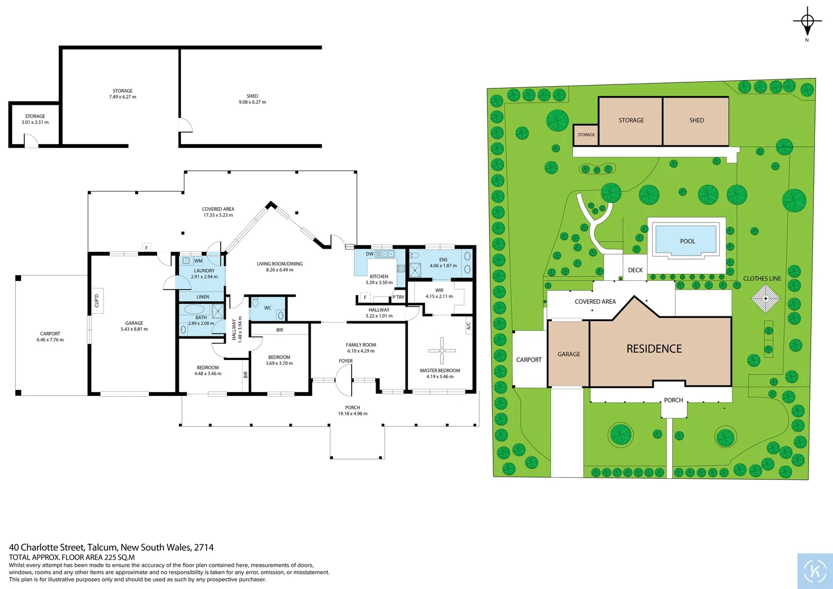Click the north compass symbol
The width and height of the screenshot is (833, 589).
[x=807, y=22]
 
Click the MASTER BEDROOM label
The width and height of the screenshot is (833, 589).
[x=440, y=370]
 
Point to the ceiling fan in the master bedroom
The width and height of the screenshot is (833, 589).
[x=442, y=351]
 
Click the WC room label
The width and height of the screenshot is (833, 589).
[x=268, y=308]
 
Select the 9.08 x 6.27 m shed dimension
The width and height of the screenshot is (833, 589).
[x=252, y=102]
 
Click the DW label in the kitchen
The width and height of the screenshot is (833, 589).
[x=370, y=254]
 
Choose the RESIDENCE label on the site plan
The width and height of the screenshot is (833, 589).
[x=654, y=349]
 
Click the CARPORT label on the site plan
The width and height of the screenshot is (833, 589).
[x=529, y=360]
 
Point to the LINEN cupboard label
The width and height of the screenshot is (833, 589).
[x=203, y=297]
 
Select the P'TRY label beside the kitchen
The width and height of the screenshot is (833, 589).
[x=399, y=297]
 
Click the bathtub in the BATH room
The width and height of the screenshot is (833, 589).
[x=194, y=309]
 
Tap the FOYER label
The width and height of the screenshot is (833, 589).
[x=346, y=361]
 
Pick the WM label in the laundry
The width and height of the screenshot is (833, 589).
[x=198, y=261]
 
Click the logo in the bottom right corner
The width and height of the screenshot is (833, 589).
[x=814, y=571]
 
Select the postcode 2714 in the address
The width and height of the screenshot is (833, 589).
[x=204, y=547]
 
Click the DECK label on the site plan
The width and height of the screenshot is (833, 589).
[x=635, y=270]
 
